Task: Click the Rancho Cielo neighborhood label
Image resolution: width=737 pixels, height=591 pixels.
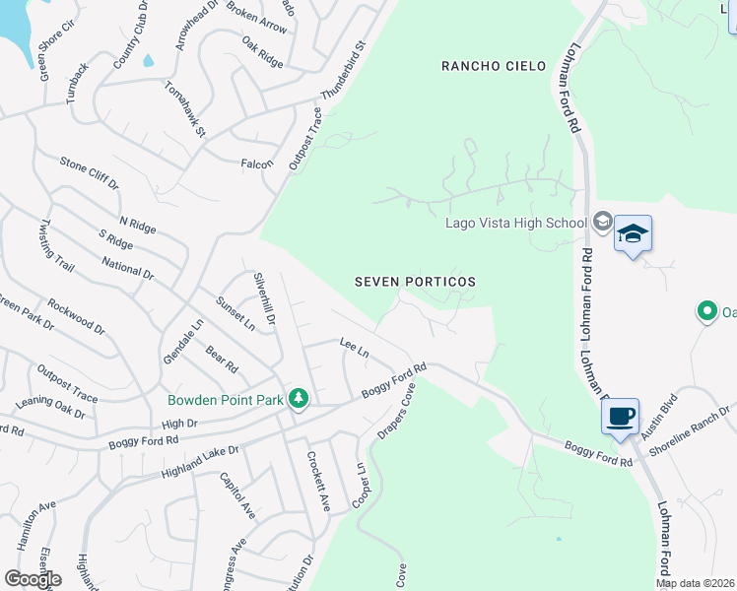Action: [494, 66]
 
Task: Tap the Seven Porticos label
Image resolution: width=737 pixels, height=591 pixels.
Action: [415, 282]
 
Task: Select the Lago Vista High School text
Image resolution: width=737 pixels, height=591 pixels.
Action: [515, 223]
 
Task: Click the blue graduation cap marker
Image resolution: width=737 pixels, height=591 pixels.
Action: [633, 234]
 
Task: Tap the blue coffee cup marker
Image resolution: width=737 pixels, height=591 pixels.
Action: [621, 416]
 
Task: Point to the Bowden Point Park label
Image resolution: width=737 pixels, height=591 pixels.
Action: [226, 400]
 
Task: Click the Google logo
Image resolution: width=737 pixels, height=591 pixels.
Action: [33, 579]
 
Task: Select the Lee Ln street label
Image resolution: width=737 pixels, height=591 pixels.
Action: [354, 348]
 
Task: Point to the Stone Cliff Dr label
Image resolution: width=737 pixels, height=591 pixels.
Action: [89, 173]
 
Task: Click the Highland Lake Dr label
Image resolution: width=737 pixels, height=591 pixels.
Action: [199, 463]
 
